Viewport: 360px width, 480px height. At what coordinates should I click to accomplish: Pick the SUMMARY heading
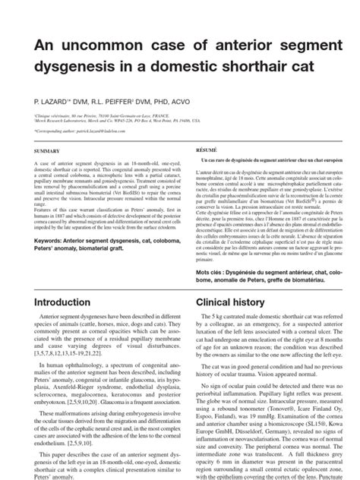[48, 151]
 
